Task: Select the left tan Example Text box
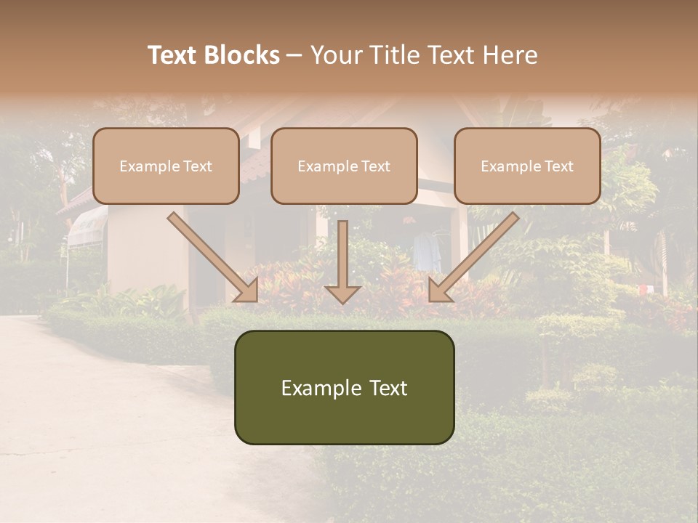coord(166,166)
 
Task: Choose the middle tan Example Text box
coord(344,166)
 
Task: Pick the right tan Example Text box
coord(527,166)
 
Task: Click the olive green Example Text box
coord(344,387)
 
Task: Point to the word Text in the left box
coord(198,166)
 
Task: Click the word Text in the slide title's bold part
coord(174,55)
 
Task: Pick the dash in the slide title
coord(294,55)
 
